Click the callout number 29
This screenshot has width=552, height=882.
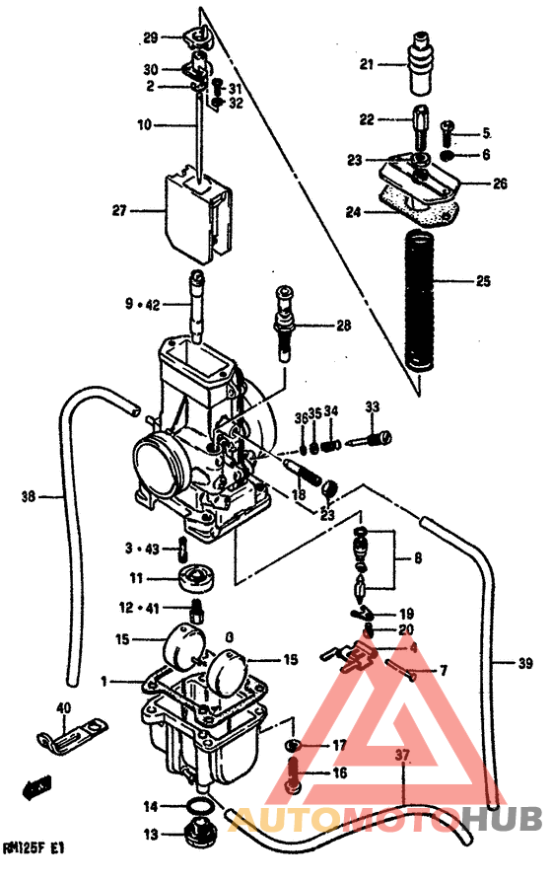coord(150,38)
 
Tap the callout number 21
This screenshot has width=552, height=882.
coord(366,65)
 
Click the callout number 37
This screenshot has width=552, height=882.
coord(401,756)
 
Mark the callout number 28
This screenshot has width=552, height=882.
coord(343,325)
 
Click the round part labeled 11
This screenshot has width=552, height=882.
coord(198,577)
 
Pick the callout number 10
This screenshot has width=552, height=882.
coord(144,126)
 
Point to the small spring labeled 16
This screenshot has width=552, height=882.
coord(294,772)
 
